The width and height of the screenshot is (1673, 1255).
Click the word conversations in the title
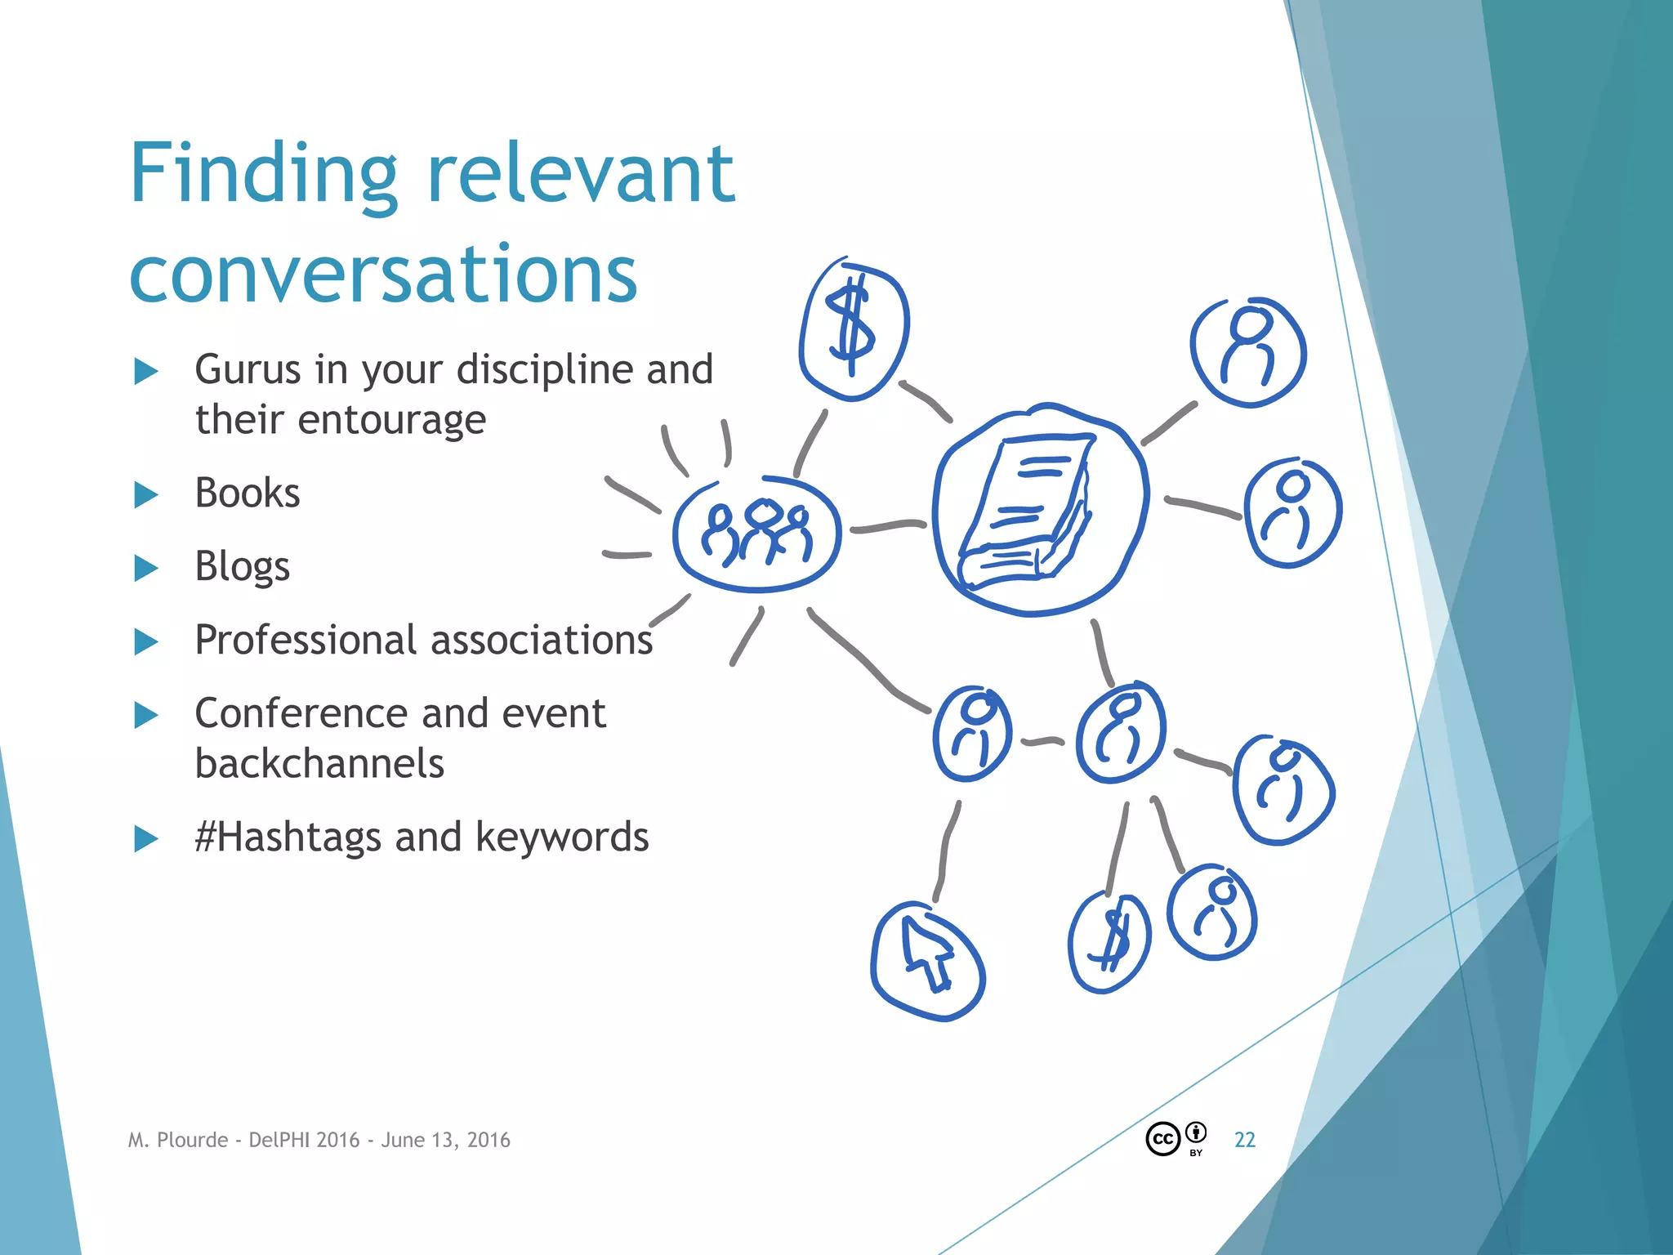(383, 274)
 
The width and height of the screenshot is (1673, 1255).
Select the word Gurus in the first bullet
(248, 369)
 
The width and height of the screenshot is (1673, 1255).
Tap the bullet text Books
(247, 493)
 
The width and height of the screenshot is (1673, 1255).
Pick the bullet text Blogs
(242, 566)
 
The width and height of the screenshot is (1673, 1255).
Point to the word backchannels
(319, 764)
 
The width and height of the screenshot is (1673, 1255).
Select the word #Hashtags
(288, 837)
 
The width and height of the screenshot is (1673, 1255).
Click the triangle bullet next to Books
(145, 494)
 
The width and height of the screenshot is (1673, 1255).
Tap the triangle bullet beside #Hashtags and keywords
(145, 838)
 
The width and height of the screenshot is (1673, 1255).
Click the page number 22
(1244, 1140)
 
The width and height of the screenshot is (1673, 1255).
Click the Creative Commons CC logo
(1162, 1139)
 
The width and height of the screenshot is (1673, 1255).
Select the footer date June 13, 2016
(445, 1140)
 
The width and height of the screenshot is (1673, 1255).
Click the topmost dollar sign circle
(853, 331)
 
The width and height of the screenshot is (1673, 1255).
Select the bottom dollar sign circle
(1109, 942)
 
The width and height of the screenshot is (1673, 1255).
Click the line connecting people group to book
(887, 525)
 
